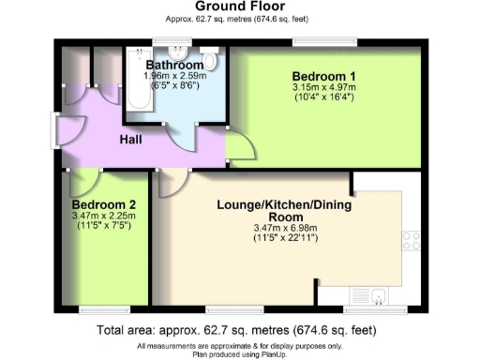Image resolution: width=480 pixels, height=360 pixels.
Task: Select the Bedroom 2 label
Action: pyautogui.click(x=104, y=204)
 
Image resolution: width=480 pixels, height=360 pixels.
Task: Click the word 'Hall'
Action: pyautogui.click(x=130, y=140)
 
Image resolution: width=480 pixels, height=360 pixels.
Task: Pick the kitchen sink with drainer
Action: pyautogui.click(x=380, y=298)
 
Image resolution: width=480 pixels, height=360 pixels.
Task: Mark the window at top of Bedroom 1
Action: pyautogui.click(x=323, y=42)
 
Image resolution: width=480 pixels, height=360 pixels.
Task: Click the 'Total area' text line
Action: pyautogui.click(x=239, y=331)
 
